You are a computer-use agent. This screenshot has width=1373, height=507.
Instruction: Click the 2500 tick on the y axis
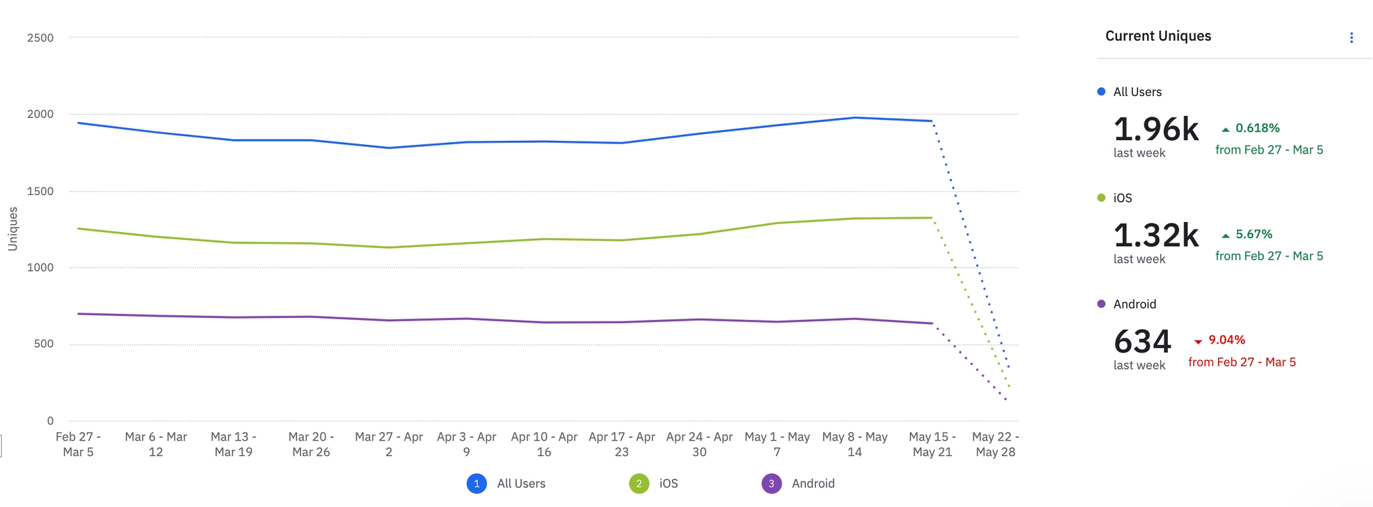click(x=40, y=38)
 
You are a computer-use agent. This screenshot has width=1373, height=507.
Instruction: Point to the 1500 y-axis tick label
click(x=40, y=191)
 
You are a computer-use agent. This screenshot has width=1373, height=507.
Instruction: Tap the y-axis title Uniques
click(x=13, y=229)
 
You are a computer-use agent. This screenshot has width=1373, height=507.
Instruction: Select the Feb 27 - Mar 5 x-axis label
click(x=78, y=444)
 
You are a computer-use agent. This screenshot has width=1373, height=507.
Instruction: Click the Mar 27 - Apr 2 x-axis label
click(x=389, y=444)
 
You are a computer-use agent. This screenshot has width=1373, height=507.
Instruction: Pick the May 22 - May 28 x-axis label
click(x=996, y=444)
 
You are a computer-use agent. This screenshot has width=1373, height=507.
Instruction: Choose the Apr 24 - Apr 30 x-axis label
click(x=699, y=444)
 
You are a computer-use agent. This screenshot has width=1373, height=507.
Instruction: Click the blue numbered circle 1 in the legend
click(x=477, y=484)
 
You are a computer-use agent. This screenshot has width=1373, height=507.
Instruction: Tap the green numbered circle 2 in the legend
click(x=639, y=484)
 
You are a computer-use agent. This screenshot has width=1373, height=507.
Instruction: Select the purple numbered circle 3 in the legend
click(x=772, y=484)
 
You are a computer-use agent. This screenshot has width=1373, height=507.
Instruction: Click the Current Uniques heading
click(x=1158, y=36)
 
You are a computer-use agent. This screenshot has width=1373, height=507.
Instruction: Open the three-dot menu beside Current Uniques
click(x=1352, y=38)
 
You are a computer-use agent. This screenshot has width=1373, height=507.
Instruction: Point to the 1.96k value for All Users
click(x=1156, y=129)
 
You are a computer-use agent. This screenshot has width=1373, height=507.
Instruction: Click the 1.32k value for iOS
click(x=1156, y=235)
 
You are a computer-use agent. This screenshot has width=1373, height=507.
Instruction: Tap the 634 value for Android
click(x=1142, y=341)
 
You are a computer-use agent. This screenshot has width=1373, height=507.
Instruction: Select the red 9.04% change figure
click(x=1226, y=340)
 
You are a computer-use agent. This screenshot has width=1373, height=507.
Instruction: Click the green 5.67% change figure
click(x=1253, y=234)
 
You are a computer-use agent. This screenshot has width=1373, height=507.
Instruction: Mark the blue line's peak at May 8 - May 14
click(x=855, y=118)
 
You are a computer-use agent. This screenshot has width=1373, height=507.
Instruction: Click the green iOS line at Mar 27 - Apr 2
click(x=389, y=247)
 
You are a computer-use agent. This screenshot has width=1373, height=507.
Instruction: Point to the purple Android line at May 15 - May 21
click(x=932, y=323)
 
